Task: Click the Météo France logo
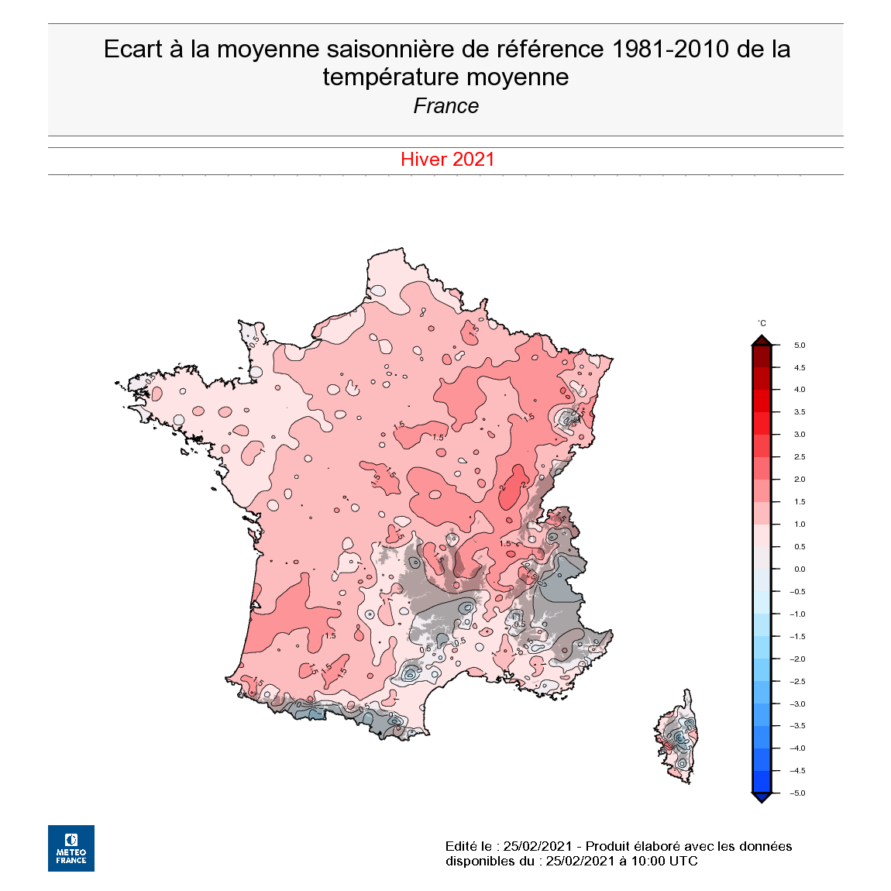71,848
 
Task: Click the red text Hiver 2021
447,160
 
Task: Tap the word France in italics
445,106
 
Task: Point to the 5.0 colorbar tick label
799,346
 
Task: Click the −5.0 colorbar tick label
797,793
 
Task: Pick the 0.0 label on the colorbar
799,569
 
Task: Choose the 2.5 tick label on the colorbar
799,457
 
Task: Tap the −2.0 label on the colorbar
797,659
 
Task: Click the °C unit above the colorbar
762,323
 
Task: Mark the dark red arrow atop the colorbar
762,340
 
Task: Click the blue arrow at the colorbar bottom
762,797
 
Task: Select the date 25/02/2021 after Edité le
537,846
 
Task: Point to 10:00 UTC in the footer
665,861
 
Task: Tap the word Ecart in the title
133,49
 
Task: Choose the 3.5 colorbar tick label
799,412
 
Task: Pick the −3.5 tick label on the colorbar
797,726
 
